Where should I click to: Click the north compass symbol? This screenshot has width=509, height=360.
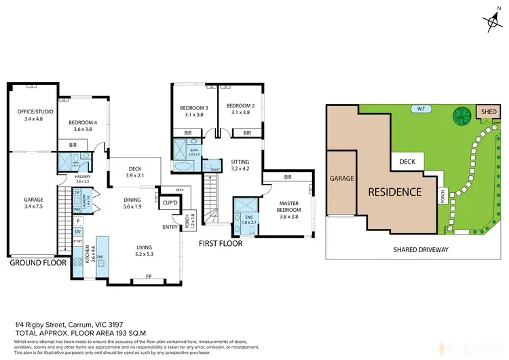492,22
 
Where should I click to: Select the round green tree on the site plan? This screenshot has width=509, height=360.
461,115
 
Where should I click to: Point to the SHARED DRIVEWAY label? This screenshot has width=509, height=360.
421,249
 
